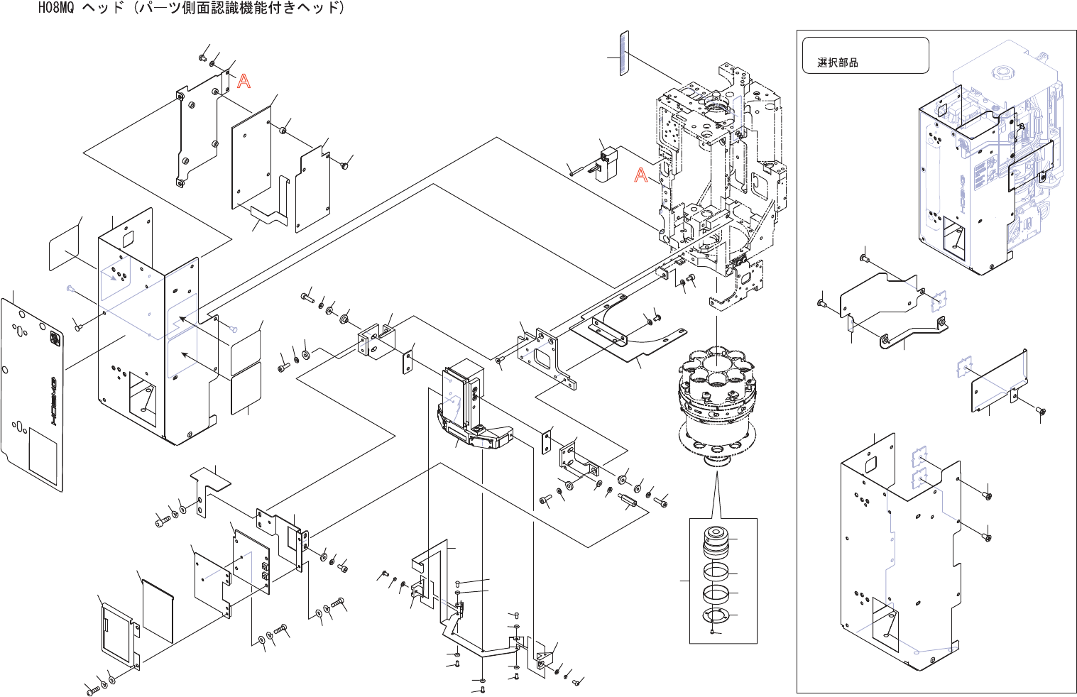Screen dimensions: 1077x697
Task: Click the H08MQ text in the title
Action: pos(56,8)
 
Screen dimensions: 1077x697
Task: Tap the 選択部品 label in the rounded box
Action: pos(838,62)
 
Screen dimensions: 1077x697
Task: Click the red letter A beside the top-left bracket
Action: pos(244,81)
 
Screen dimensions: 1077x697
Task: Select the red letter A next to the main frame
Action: pos(641,175)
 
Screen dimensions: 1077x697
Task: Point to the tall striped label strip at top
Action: pos(624,53)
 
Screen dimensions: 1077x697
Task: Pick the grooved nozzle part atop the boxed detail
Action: pos(716,542)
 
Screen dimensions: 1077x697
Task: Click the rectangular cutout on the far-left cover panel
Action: pos(43,456)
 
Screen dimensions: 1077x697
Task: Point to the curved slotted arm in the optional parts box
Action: pos(914,331)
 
